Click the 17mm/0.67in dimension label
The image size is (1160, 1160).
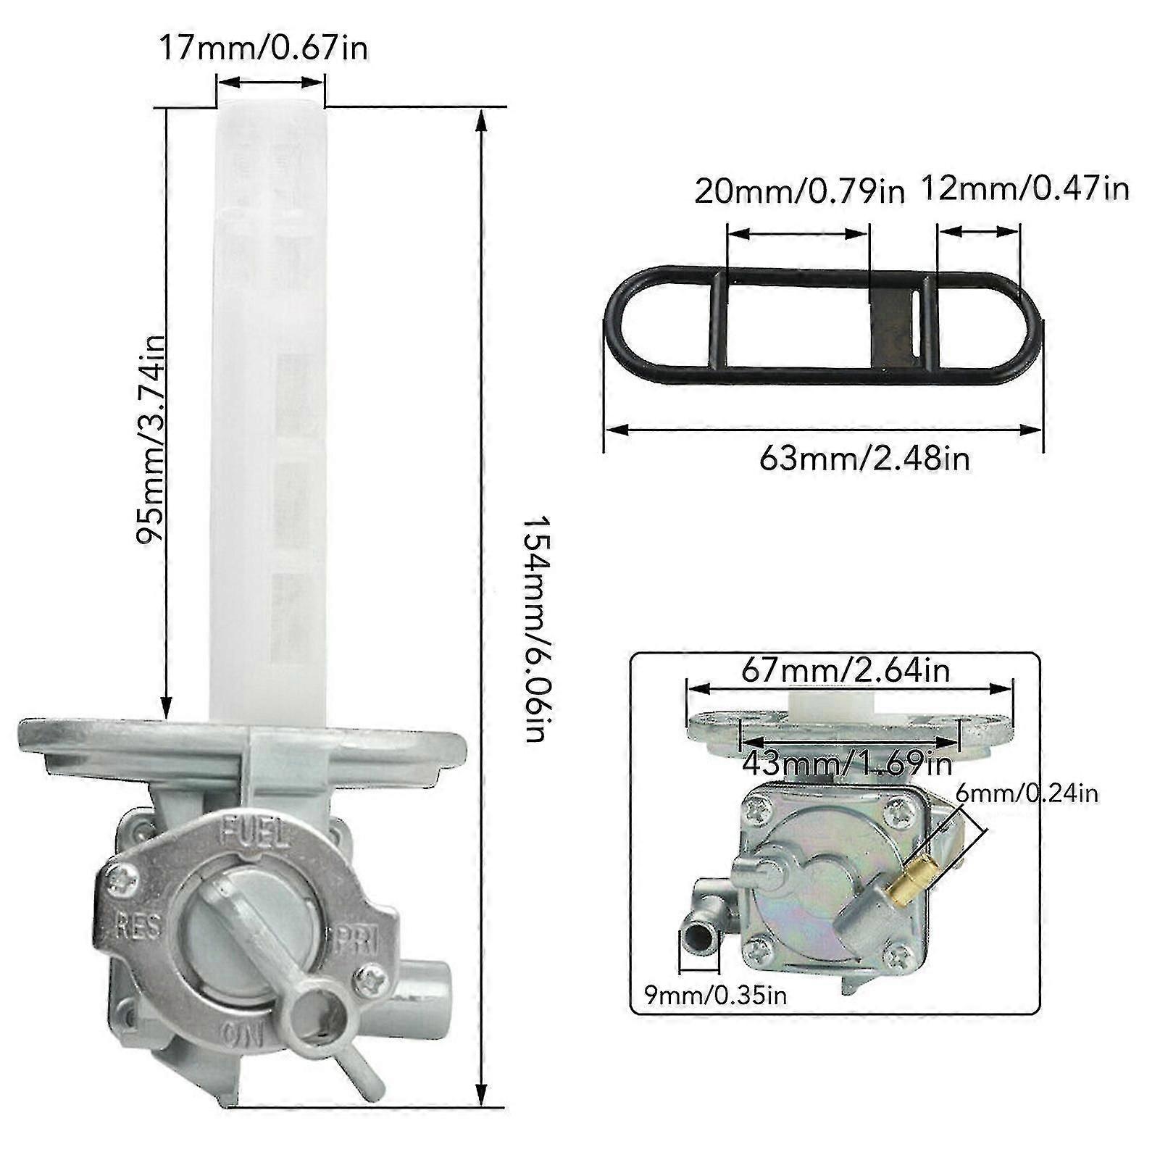click(x=264, y=48)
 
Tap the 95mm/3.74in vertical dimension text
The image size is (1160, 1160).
click(x=151, y=441)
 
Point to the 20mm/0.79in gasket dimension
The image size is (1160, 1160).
click(x=800, y=192)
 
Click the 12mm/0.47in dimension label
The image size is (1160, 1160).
click(x=1025, y=189)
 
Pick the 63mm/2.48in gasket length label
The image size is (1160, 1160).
click(x=864, y=458)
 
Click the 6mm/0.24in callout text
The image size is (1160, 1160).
click(x=1027, y=793)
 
